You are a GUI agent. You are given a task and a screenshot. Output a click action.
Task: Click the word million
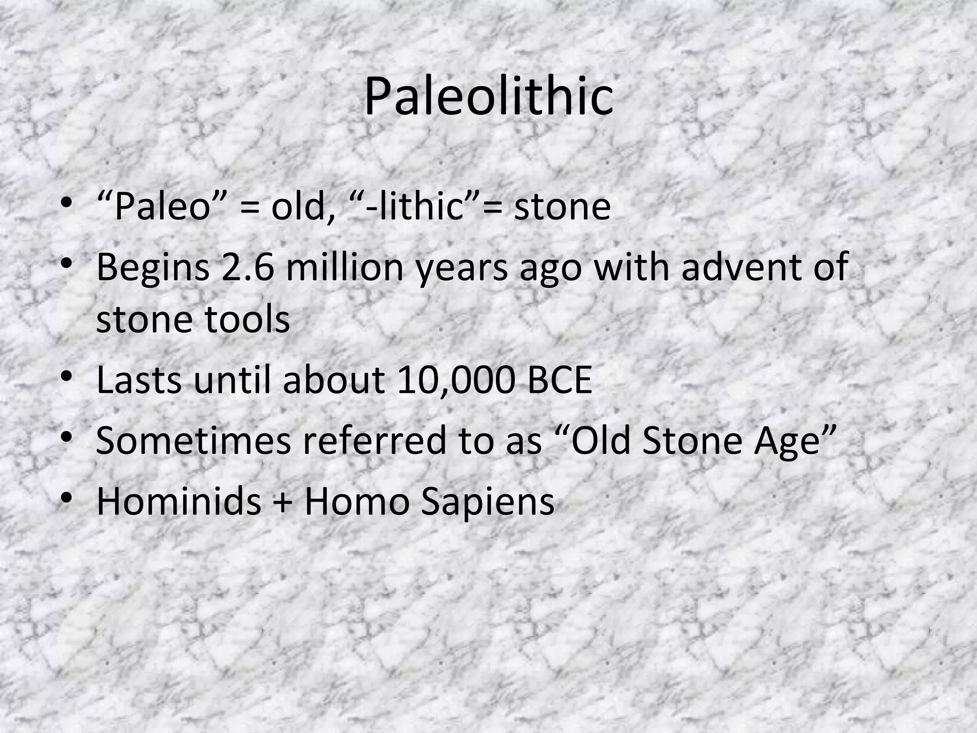point(346,267)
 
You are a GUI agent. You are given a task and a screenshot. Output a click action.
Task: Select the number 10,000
point(456,380)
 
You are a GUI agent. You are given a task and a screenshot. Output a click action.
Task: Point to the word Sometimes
point(193,440)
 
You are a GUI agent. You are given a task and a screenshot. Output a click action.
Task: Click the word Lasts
point(139,380)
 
